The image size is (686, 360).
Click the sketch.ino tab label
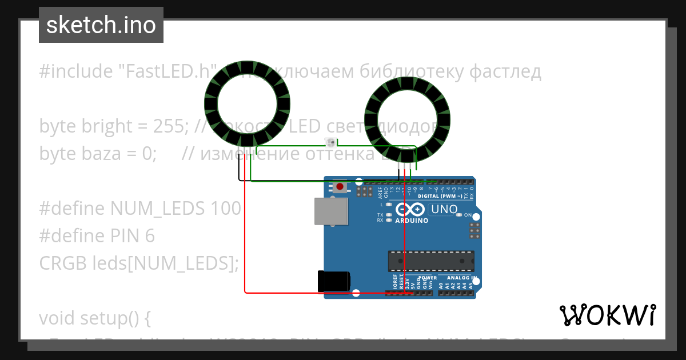tap(101, 25)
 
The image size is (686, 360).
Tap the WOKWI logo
tap(607, 315)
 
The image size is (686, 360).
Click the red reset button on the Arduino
tap(341, 186)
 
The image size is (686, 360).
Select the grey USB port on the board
tap(332, 211)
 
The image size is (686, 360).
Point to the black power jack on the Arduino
tap(334, 282)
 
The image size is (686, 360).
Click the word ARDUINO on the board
tap(412, 221)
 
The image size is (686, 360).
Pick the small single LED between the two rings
tap(329, 142)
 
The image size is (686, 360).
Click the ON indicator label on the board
tap(467, 215)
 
